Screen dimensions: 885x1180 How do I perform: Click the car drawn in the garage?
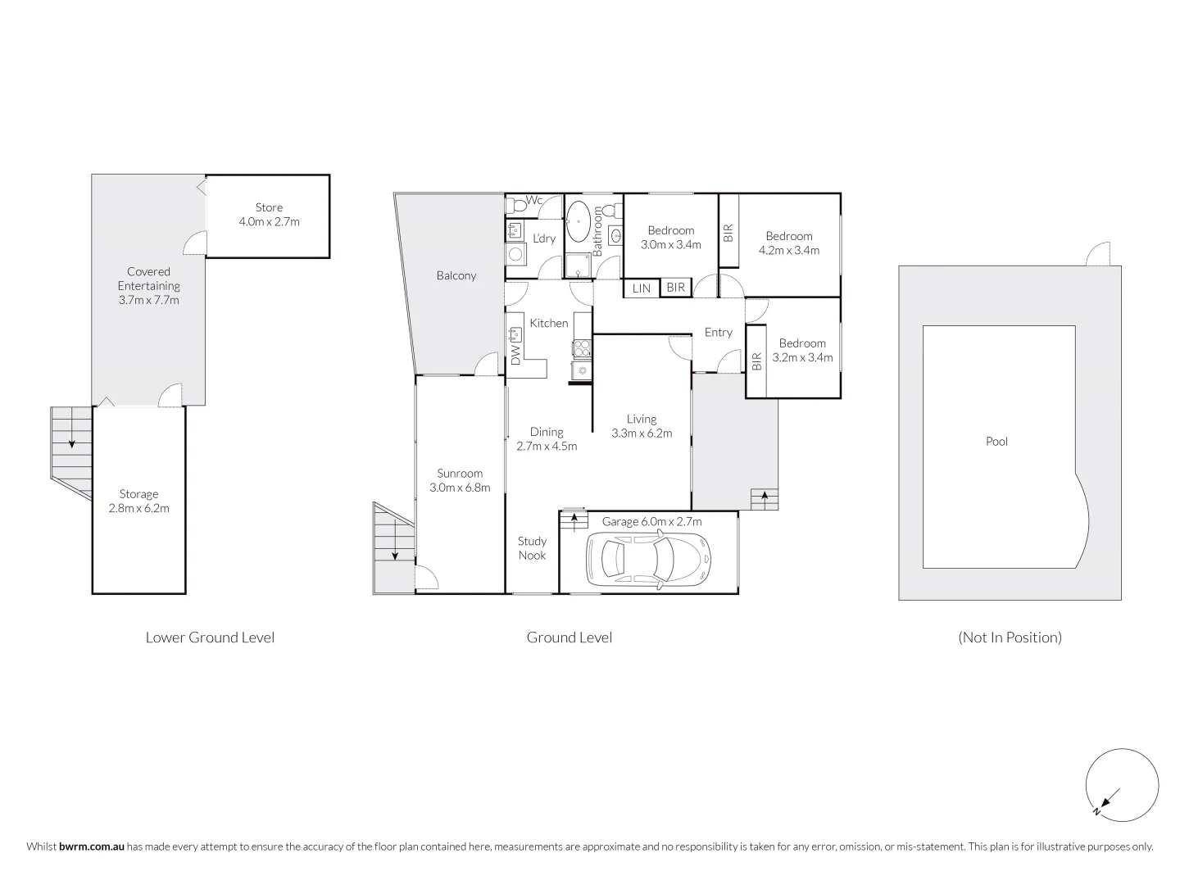pyautogui.click(x=648, y=558)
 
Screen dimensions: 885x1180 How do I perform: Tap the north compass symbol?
pyautogui.click(x=1122, y=784)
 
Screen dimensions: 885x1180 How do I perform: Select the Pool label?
pyautogui.click(x=996, y=442)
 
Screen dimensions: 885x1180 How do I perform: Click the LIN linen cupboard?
pyautogui.click(x=642, y=288)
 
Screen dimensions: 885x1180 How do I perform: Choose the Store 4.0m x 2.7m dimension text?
pyautogui.click(x=269, y=221)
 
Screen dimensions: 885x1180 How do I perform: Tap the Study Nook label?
pyautogui.click(x=532, y=548)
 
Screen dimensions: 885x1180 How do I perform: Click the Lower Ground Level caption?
pyautogui.click(x=210, y=638)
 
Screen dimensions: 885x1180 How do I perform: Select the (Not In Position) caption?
pyautogui.click(x=1010, y=638)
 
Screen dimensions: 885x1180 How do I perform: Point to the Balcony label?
pyautogui.click(x=456, y=276)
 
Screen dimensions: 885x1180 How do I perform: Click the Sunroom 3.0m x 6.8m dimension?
pyautogui.click(x=460, y=488)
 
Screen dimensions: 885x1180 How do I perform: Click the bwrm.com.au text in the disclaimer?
pyautogui.click(x=92, y=846)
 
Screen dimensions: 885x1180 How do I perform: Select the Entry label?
pyautogui.click(x=718, y=333)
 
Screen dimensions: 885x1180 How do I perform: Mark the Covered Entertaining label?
pyautogui.click(x=148, y=279)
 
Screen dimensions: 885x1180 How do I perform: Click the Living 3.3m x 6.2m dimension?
pyautogui.click(x=642, y=433)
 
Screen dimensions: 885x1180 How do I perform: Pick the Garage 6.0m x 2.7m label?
pyautogui.click(x=651, y=521)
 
